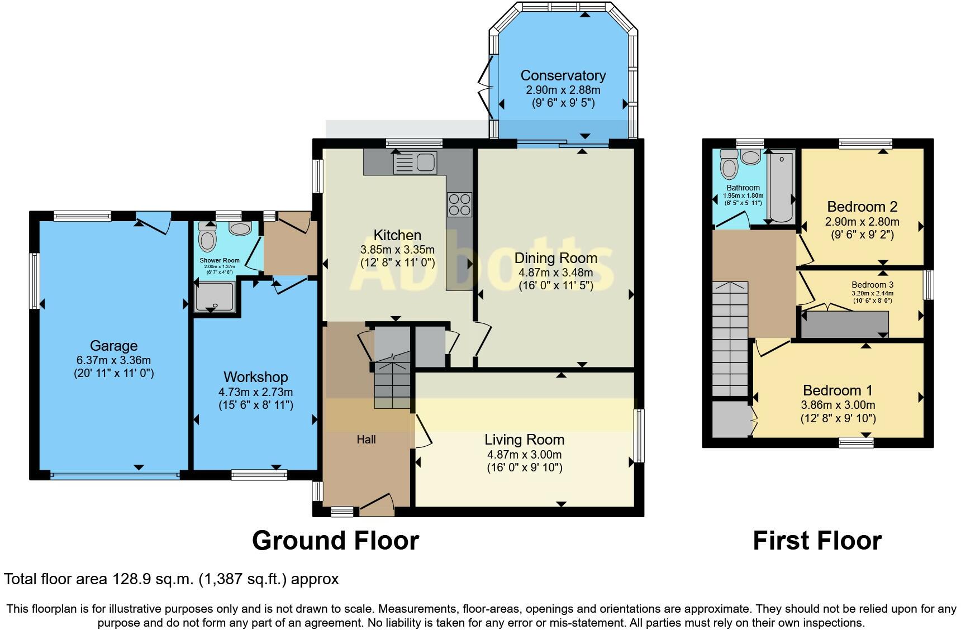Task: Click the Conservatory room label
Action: (563, 75)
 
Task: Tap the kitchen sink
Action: (415, 163)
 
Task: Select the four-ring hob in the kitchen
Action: (459, 204)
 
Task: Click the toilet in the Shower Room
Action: (207, 237)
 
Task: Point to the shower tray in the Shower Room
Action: (214, 296)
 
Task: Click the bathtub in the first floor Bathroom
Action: (781, 187)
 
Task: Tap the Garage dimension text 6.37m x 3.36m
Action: (114, 360)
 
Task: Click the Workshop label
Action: (256, 377)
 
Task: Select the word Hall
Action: (367, 440)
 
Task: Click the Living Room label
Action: (525, 440)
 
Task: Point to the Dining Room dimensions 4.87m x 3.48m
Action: (556, 273)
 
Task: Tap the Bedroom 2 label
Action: (863, 207)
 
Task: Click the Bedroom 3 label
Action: (873, 285)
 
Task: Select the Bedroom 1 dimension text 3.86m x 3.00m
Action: (838, 405)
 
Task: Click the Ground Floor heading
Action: (335, 541)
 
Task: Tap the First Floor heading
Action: (817, 541)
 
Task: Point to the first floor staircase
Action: (730, 338)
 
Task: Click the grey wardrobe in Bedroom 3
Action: (845, 324)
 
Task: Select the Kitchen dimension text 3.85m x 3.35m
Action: (398, 250)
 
